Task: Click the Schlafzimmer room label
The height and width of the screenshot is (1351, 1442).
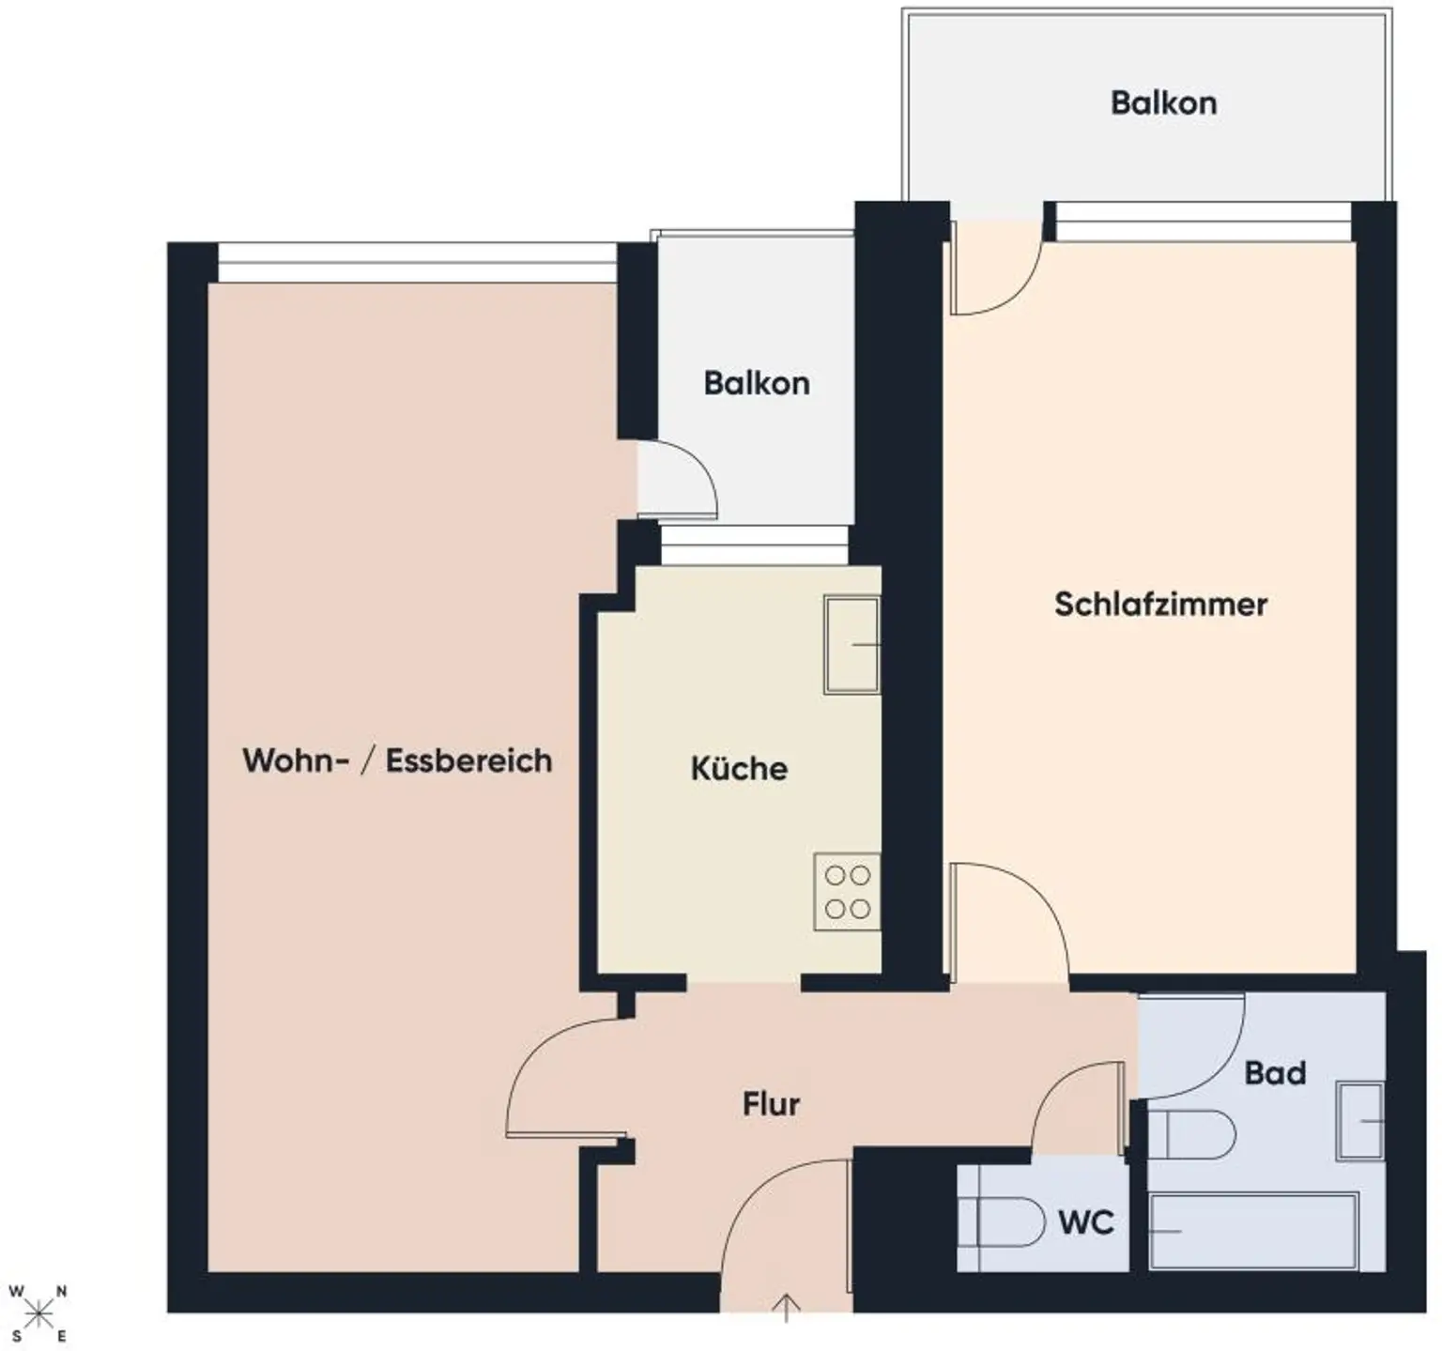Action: click(1160, 604)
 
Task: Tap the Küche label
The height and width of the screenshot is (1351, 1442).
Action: click(739, 768)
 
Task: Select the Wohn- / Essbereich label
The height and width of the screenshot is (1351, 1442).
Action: click(397, 760)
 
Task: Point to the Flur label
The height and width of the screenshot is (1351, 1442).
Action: click(771, 1103)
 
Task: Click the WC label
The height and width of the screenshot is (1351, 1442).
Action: click(1086, 1222)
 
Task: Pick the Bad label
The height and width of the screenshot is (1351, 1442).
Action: click(1275, 1072)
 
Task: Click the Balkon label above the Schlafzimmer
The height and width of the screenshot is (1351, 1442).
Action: click(1163, 102)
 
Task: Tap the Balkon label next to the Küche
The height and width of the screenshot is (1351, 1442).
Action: click(757, 383)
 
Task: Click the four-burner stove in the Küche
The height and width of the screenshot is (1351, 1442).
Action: click(847, 892)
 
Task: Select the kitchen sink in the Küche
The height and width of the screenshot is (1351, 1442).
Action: click(851, 645)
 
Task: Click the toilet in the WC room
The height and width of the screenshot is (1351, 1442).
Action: click(1010, 1221)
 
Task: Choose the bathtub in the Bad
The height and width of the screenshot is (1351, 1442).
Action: click(1254, 1231)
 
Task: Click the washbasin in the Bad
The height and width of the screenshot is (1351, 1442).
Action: click(1360, 1120)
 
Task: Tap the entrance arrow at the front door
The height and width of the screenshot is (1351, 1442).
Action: click(786, 1306)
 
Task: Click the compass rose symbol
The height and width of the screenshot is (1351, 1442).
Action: click(38, 1313)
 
